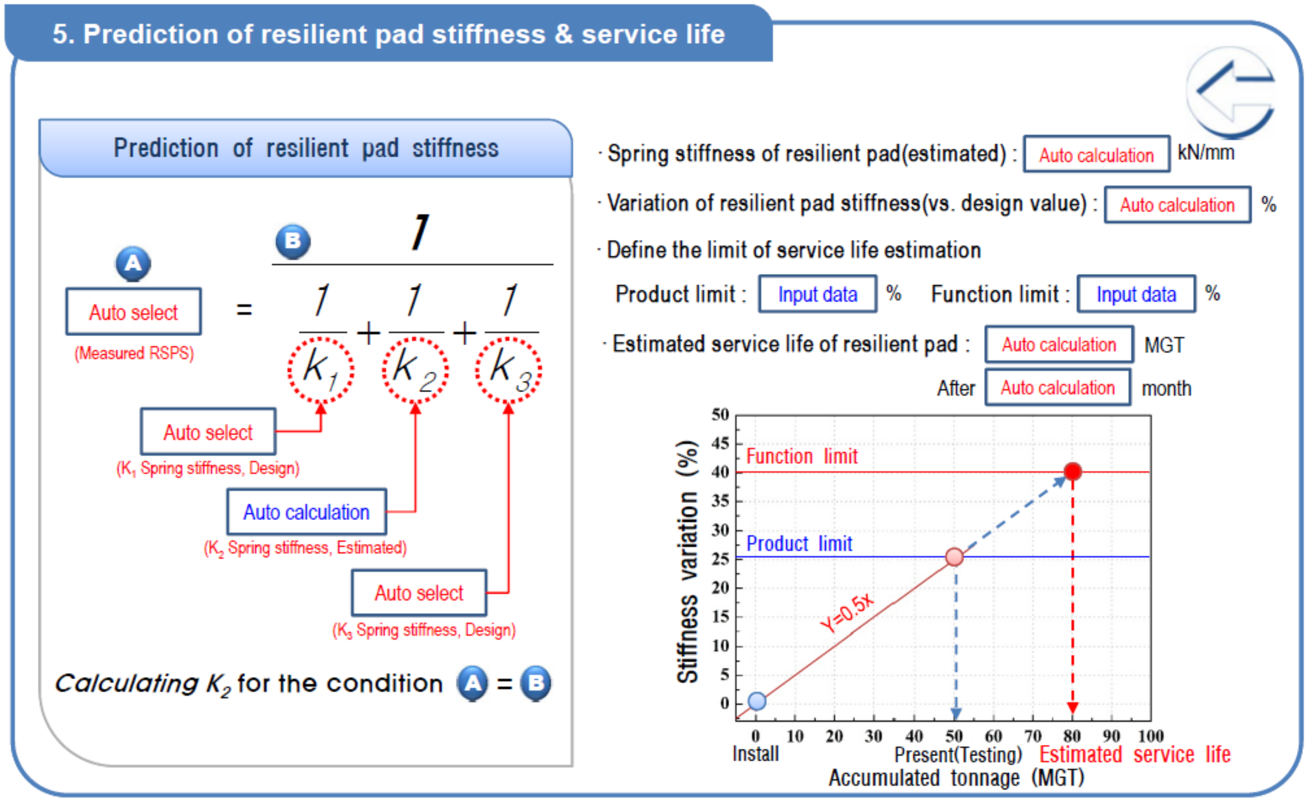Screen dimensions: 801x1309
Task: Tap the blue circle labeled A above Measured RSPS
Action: tap(133, 264)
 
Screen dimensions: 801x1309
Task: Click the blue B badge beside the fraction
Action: tap(293, 241)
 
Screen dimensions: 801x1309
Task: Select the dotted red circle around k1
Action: tap(321, 369)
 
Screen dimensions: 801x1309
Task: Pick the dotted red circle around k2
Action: tap(415, 369)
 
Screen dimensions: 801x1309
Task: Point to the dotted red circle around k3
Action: tap(509, 369)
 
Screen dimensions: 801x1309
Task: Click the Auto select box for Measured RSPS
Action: tap(133, 312)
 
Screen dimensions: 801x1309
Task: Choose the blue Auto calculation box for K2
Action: tap(306, 512)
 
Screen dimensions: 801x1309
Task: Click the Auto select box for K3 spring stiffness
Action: tap(419, 593)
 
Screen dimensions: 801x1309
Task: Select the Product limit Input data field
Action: tap(817, 294)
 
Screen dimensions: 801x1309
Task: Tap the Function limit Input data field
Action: tap(1136, 294)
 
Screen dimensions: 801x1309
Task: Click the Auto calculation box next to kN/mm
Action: tap(1096, 155)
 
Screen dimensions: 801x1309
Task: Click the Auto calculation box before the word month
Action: tap(1057, 388)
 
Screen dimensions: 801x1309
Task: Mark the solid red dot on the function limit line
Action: tap(1072, 471)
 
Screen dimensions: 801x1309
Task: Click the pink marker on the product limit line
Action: tap(955, 557)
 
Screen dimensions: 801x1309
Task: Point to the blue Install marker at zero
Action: tap(757, 701)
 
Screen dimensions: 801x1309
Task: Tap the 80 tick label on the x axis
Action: tap(1071, 736)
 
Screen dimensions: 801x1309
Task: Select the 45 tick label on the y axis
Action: tap(720, 443)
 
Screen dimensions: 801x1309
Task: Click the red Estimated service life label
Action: tap(1135, 754)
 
